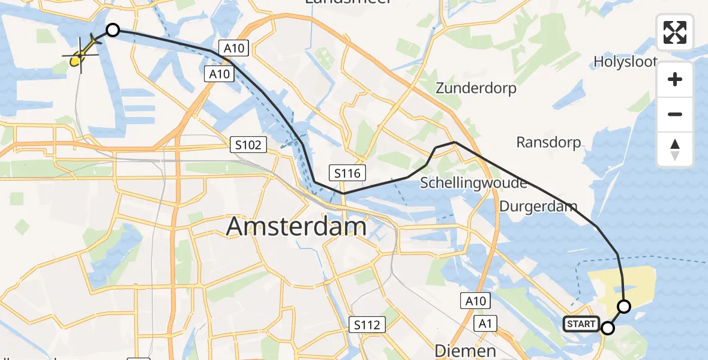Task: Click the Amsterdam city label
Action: (x=296, y=227)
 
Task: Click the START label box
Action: (x=581, y=325)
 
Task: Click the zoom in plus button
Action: (x=675, y=79)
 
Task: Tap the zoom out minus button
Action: (x=675, y=114)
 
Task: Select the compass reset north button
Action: (x=675, y=149)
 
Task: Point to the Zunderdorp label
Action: (x=476, y=88)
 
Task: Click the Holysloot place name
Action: (x=625, y=61)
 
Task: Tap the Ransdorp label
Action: (x=548, y=142)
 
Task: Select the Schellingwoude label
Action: (x=473, y=183)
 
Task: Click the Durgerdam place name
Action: (x=538, y=207)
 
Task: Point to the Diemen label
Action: (x=465, y=350)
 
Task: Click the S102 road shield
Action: (x=248, y=145)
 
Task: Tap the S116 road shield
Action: (x=347, y=173)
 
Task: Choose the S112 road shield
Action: (x=367, y=325)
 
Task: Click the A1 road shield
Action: (x=485, y=324)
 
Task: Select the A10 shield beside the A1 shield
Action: (x=475, y=301)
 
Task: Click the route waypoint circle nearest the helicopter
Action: (x=112, y=30)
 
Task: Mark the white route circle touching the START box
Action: (x=608, y=328)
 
